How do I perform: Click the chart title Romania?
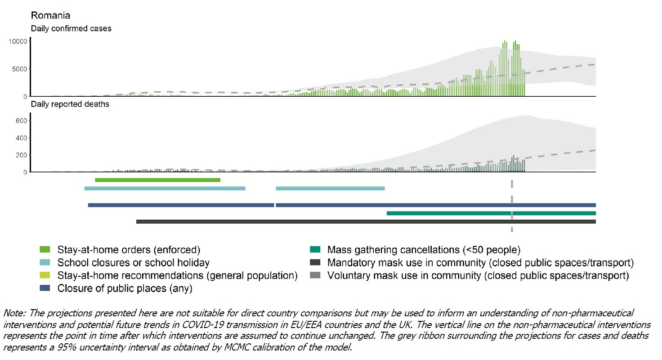tap(50, 16)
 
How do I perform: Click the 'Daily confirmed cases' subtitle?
tap(71, 28)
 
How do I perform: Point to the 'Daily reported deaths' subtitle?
tap(70, 104)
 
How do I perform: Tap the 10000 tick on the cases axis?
tap(18, 41)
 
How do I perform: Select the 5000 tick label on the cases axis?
tap(19, 69)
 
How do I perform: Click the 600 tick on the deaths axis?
tap(21, 121)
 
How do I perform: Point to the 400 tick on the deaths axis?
tap(21, 138)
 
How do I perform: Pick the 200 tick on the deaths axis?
tap(21, 155)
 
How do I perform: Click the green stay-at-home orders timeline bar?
tap(157, 180)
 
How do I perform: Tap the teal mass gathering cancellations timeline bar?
tap(491, 213)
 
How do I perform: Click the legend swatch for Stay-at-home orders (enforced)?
tap(45, 249)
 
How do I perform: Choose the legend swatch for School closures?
tap(45, 262)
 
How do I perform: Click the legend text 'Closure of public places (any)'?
tap(125, 288)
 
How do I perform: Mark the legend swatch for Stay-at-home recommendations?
tap(45, 275)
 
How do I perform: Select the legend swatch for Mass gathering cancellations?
tap(315, 249)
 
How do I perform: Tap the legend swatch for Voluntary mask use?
tap(315, 275)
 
